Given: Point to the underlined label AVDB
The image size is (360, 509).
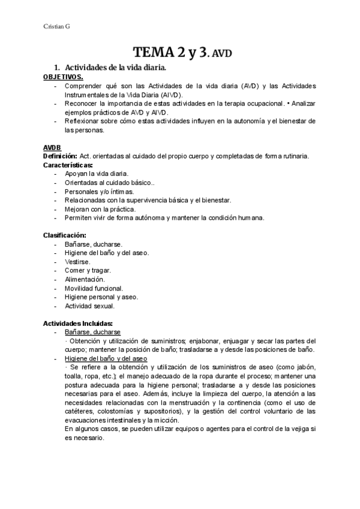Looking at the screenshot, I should tap(52, 148).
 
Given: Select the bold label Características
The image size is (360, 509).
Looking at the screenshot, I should tap(67, 164).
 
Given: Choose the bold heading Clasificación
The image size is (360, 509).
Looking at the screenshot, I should tap(64, 235).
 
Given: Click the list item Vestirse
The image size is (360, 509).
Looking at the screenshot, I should tap(77, 262).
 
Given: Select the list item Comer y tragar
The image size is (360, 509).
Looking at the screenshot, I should tap(88, 271).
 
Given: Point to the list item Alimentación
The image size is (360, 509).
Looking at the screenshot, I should tap(85, 279).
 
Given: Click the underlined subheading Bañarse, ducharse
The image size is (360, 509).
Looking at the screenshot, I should tap(92, 332).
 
